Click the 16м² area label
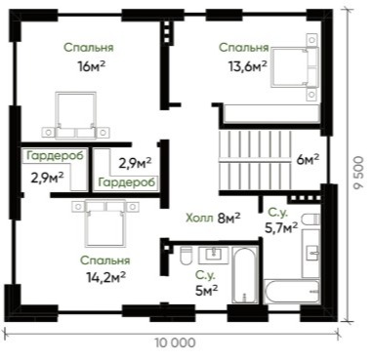click(x=91, y=66)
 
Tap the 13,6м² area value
click(x=248, y=66)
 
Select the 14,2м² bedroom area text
click(x=106, y=277)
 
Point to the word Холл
click(x=199, y=218)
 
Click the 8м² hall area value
click(x=229, y=218)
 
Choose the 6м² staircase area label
click(x=308, y=160)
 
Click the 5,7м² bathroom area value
click(x=281, y=228)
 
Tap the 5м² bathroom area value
click(x=206, y=291)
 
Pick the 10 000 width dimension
click(x=175, y=342)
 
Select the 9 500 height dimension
click(x=358, y=173)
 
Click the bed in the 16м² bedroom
click(x=75, y=115)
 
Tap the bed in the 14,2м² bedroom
click(x=105, y=222)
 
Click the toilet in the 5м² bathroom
click(x=187, y=256)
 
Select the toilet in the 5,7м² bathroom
click(x=311, y=220)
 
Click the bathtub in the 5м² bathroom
click(x=245, y=275)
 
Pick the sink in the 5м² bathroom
click(x=214, y=256)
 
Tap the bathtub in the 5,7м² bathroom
click(x=291, y=292)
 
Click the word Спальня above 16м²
click(x=89, y=48)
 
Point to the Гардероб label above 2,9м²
click(x=55, y=155)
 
